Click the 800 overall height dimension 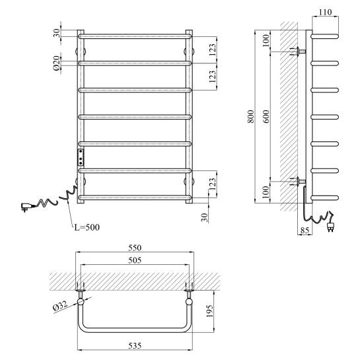(252, 117)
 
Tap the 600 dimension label (266, 117)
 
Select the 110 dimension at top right (326, 12)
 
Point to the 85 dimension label (305, 230)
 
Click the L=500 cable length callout (87, 227)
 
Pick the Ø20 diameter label (57, 63)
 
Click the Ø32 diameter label (60, 306)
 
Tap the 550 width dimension (135, 248)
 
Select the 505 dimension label (135, 260)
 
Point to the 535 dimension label (135, 345)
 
